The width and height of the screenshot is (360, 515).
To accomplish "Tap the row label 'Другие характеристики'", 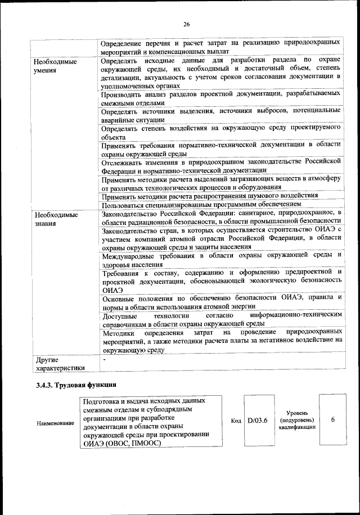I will tap(59, 364).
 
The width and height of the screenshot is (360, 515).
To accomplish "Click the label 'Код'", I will tap(236, 421).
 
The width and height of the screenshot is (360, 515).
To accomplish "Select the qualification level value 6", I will tap(333, 420).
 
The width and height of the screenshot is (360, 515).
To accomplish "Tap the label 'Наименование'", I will tap(55, 423).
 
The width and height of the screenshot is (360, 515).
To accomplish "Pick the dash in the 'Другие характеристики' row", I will tap(103, 358).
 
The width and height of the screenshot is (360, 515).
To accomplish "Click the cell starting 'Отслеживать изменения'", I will tap(222, 165).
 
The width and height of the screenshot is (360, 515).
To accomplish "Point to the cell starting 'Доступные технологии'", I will tap(222, 320).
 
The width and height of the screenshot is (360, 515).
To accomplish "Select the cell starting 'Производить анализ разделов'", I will tap(222, 99).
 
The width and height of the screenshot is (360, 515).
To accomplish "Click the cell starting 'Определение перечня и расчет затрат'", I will tap(222, 46).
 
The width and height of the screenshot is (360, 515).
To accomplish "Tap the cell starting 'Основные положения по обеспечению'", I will tap(222, 301).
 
